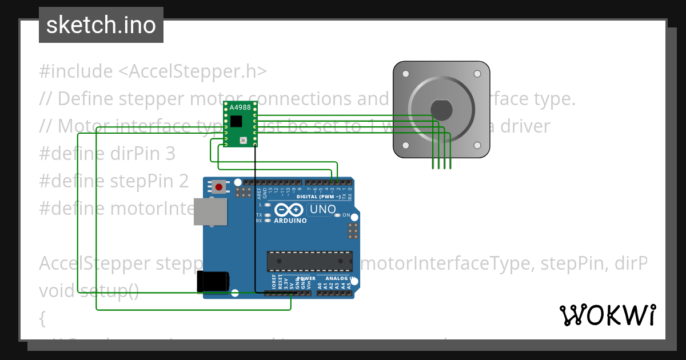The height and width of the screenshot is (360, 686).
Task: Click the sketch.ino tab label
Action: (101, 25)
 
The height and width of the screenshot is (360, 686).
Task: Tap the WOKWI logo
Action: (607, 315)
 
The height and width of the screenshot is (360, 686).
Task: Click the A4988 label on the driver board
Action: (240, 107)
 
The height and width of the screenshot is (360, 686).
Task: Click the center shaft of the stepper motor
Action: (441, 109)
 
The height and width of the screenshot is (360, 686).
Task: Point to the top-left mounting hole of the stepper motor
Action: (406, 74)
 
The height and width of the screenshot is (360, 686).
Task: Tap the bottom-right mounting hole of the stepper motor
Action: (477, 145)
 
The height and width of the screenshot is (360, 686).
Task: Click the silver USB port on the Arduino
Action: (210, 211)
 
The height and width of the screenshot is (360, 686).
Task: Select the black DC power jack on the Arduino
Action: (213, 281)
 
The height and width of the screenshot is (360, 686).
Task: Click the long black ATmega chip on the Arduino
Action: (309, 261)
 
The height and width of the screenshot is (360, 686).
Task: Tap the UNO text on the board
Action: (322, 210)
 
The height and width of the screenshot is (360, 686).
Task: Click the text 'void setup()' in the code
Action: (89, 291)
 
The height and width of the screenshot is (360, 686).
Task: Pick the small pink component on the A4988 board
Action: (243, 139)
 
